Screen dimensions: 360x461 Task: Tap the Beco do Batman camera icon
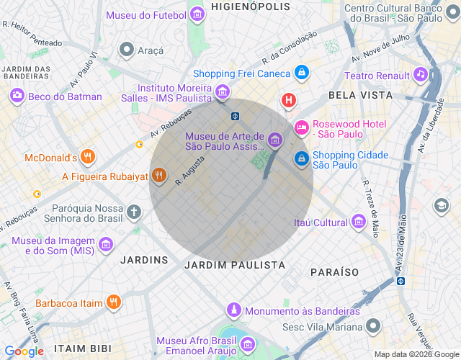(17, 96)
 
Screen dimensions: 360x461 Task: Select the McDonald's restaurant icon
(88, 157)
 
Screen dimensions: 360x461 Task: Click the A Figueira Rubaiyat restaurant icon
(159, 176)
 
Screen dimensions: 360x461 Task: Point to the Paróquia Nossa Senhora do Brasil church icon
(133, 212)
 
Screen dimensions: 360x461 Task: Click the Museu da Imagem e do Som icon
(106, 245)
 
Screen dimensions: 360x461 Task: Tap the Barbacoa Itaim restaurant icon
(113, 302)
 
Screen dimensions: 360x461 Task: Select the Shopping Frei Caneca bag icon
(302, 73)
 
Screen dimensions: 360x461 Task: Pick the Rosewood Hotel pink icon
(302, 127)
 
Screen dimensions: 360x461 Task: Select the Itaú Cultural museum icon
(358, 222)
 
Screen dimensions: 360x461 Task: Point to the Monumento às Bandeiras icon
(233, 310)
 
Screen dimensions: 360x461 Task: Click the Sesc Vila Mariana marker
(372, 326)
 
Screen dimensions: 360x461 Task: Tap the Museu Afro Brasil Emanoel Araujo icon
(247, 344)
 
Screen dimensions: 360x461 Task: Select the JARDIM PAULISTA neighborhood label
(235, 265)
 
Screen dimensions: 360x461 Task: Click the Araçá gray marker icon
(127, 50)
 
